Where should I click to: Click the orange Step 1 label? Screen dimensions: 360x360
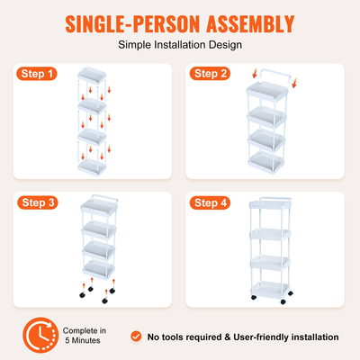coord(37,74)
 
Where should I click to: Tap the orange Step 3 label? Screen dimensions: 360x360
coord(37,203)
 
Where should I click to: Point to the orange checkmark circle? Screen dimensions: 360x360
coord(136,336)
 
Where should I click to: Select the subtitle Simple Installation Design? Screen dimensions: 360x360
coord(180,43)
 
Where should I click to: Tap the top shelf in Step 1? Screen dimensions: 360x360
coord(93,76)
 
